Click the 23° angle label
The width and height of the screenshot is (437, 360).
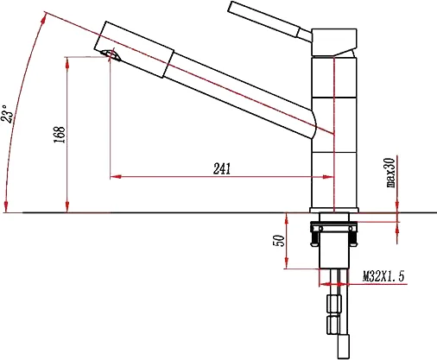[x=7, y=113]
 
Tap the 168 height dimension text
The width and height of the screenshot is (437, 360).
[x=60, y=135]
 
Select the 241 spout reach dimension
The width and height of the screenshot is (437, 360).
[x=222, y=169]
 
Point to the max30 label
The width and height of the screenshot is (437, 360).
[x=391, y=173]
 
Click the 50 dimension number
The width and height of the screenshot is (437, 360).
[x=279, y=241]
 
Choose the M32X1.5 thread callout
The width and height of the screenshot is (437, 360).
[x=383, y=276]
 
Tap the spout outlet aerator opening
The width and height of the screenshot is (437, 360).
[x=111, y=54]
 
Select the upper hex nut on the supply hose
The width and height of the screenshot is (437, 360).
[x=334, y=304]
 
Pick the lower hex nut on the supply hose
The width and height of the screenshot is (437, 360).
[x=333, y=325]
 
